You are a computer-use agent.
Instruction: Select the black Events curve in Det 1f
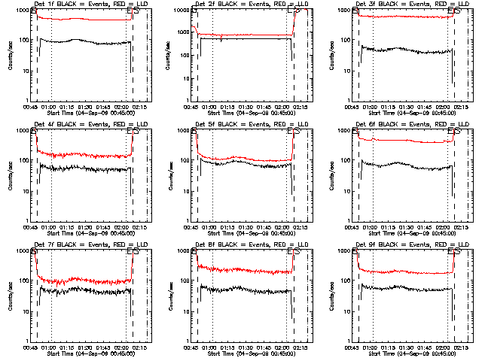tap(83, 41)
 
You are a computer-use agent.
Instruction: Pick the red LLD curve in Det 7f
tap(83, 281)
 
